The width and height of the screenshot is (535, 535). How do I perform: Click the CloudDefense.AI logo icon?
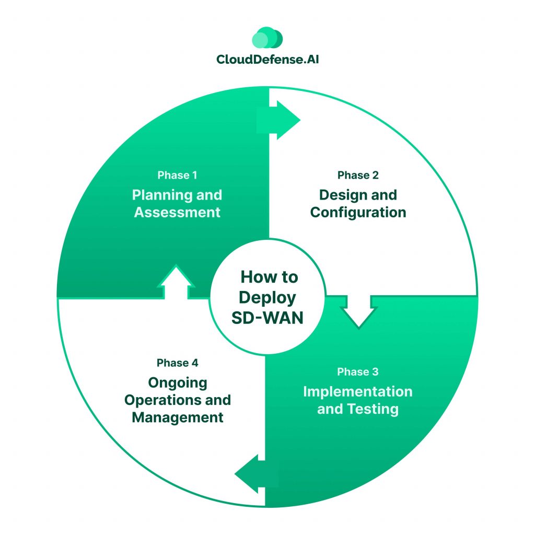pos(267,39)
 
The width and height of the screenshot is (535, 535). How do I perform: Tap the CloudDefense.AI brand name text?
pos(267,59)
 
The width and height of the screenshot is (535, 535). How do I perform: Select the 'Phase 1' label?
pos(177,175)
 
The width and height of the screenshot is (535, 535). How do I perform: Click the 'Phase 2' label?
pos(358,175)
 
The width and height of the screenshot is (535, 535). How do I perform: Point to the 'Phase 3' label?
pos(358,372)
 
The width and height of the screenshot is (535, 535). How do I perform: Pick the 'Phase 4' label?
pos(177,363)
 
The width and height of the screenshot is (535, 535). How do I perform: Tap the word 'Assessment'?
pos(177,213)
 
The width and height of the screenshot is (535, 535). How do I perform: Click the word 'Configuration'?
pos(358,213)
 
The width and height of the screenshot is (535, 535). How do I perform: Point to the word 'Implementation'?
pos(358,391)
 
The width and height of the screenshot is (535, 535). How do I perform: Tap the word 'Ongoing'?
pos(178,383)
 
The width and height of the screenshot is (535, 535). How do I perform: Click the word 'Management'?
pos(178,417)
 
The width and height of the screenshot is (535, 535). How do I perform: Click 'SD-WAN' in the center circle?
pos(267,317)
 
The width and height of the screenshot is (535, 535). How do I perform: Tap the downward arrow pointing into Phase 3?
pos(358,312)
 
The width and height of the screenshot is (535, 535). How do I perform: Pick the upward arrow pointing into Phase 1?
pos(176,282)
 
